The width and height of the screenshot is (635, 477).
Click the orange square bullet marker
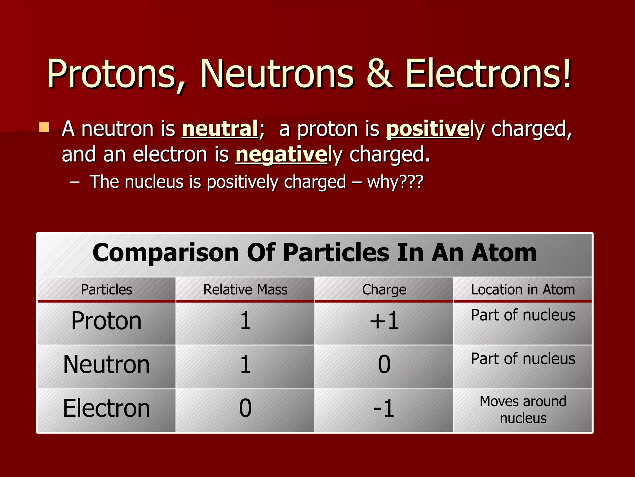tap(45, 127)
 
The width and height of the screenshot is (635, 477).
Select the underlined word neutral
tap(220, 129)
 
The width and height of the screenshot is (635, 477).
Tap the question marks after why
tap(411, 182)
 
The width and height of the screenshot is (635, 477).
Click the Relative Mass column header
tap(245, 290)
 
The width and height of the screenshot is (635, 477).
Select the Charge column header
tap(384, 290)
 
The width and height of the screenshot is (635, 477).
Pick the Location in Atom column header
tap(523, 290)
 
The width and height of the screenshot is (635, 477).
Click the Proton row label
tap(106, 321)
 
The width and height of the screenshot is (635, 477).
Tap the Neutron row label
tap(106, 365)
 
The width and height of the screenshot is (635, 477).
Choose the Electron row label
tap(106, 408)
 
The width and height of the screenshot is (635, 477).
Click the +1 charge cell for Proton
tap(384, 321)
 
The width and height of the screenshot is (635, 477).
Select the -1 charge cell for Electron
tap(384, 408)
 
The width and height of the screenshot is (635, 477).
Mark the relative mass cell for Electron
tap(245, 408)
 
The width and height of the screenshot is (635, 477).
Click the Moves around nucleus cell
tap(523, 410)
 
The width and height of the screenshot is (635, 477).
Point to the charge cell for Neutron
tap(384, 365)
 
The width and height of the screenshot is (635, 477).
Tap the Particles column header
tap(106, 290)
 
